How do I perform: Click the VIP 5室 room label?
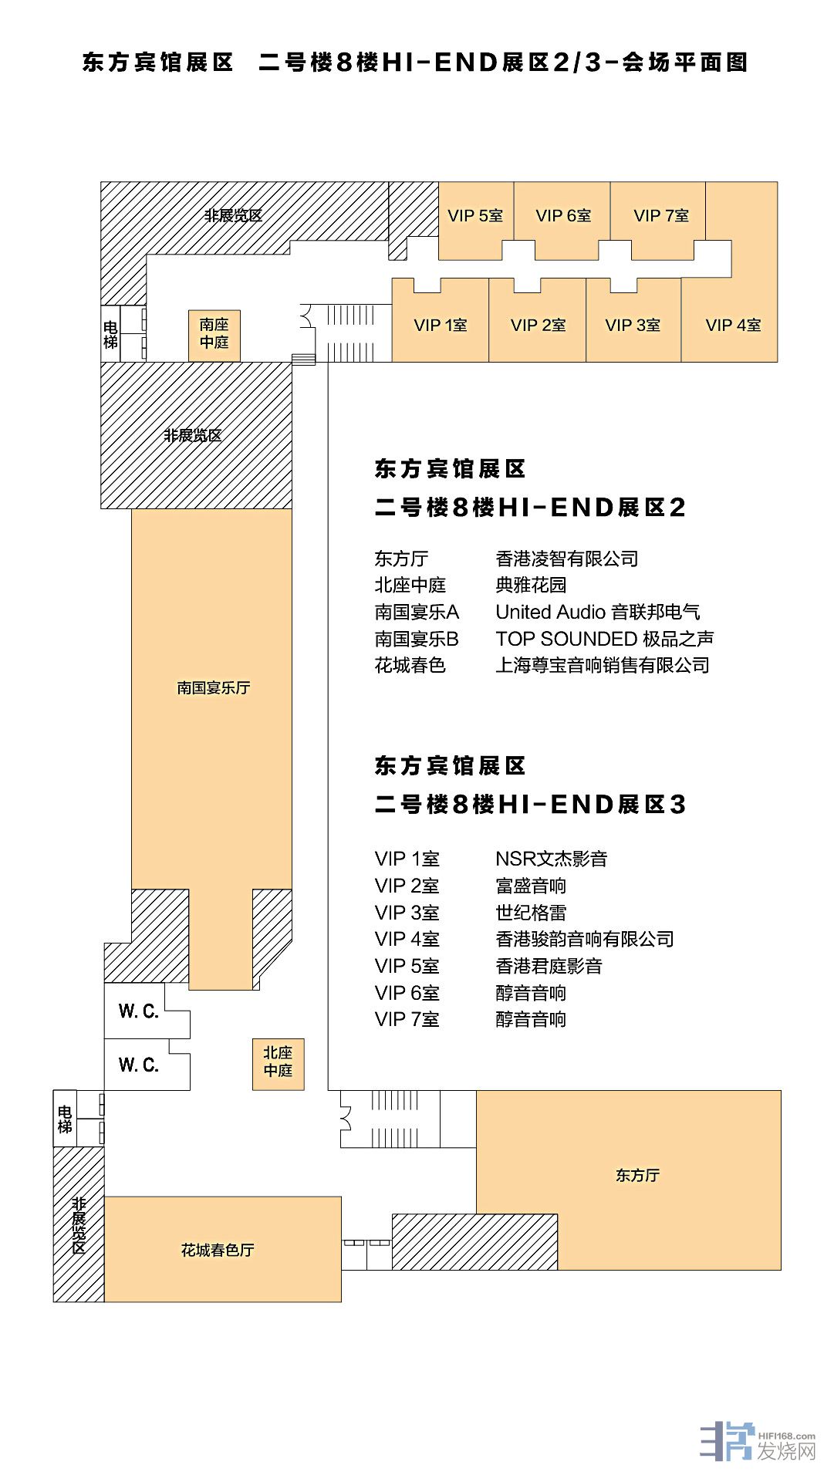[475, 216]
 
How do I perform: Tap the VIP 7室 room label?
[661, 216]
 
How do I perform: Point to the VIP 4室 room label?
[733, 326]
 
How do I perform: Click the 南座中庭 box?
[214, 336]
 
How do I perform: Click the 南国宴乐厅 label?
[214, 687]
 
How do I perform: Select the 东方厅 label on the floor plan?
[637, 1175]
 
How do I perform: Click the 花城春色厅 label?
[218, 1250]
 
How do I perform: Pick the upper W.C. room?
[139, 1011]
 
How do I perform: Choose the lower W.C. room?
[139, 1065]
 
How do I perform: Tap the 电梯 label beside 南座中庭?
[110, 334]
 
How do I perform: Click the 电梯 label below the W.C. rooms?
[65, 1119]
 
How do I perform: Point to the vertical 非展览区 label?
[78, 1225]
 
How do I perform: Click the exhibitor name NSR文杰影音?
[552, 859]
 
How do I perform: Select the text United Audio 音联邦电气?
[598, 613]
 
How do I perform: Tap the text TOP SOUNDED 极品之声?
[605, 639]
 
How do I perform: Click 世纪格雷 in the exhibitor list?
[531, 913]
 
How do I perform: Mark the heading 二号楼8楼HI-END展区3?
[530, 805]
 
